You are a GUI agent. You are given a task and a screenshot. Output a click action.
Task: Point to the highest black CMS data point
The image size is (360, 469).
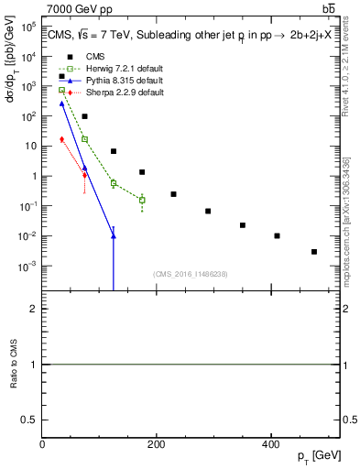click(62, 76)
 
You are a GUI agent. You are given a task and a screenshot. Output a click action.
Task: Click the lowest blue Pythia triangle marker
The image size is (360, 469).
click(114, 236)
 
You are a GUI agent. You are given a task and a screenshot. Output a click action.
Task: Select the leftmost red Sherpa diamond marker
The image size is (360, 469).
click(62, 139)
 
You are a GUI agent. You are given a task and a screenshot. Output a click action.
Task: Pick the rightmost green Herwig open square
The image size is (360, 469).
click(142, 200)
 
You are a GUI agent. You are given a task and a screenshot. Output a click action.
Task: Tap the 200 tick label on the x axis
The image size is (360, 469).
click(156, 444)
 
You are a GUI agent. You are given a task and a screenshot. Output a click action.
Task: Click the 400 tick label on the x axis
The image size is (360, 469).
click(270, 444)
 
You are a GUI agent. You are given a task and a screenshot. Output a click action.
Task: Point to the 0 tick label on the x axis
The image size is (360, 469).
click(42, 444)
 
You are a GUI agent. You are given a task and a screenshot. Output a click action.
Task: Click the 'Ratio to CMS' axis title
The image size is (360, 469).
click(12, 365)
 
